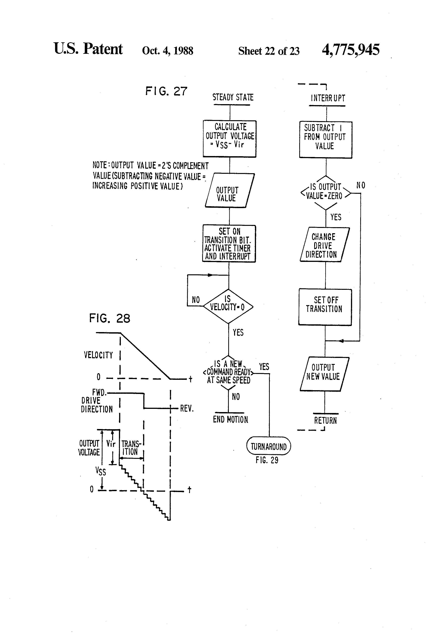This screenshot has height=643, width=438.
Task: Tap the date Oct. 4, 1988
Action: point(167,51)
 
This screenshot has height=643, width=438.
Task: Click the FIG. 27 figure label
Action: point(166,91)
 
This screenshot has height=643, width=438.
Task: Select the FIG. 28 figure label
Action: point(110,318)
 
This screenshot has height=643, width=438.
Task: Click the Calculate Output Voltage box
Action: point(230,139)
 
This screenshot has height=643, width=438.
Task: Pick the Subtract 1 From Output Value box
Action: point(326,140)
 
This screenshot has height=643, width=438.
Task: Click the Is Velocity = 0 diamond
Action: point(228,306)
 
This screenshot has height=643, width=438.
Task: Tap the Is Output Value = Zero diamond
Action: point(326,193)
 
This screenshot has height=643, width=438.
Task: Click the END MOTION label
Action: point(230,420)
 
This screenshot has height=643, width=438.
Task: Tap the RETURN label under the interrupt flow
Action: point(325,421)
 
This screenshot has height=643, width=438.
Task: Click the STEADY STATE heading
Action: point(233,97)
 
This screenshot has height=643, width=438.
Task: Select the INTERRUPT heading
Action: point(328,98)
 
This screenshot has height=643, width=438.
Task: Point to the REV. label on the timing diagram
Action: point(187,408)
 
